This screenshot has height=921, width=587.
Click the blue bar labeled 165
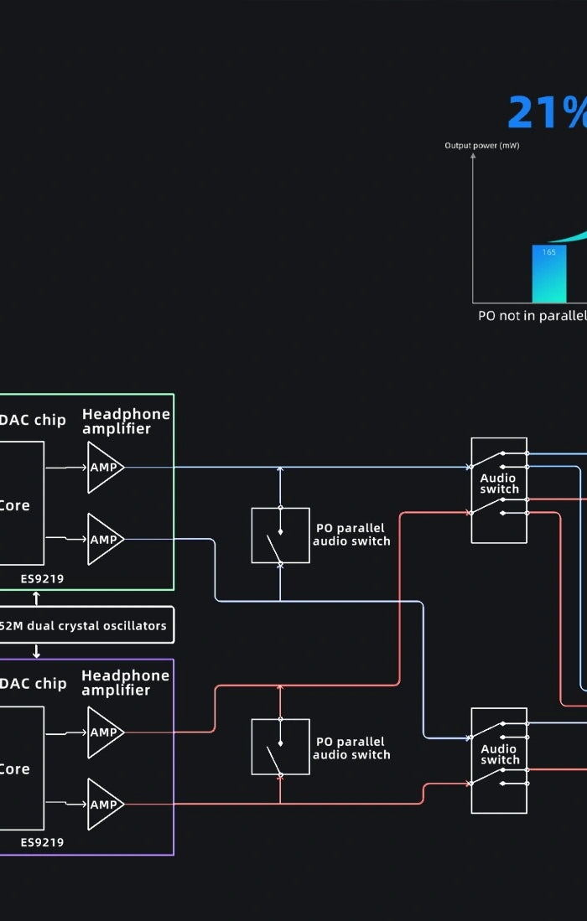point(549,274)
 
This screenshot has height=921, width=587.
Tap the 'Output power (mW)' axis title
point(481,146)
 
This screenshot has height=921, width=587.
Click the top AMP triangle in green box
point(105,466)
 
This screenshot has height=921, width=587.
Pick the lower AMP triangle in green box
point(105,539)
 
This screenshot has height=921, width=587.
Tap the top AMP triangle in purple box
point(105,732)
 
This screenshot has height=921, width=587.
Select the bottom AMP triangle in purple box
point(105,804)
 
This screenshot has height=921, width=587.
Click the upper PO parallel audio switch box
point(280,535)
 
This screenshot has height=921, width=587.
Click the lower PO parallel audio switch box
point(280,746)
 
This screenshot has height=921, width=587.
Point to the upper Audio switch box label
point(499,484)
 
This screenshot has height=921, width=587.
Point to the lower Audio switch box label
point(499,754)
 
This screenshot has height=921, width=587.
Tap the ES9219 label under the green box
point(42,578)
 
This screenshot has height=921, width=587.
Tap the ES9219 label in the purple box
point(42,842)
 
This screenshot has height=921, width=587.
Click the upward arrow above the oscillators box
point(36,598)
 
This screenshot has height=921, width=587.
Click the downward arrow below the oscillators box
point(36,651)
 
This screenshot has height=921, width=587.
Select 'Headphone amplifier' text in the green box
point(126,422)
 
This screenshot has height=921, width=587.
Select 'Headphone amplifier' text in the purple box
point(126,683)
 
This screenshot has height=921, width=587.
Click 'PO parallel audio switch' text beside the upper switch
point(351,535)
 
